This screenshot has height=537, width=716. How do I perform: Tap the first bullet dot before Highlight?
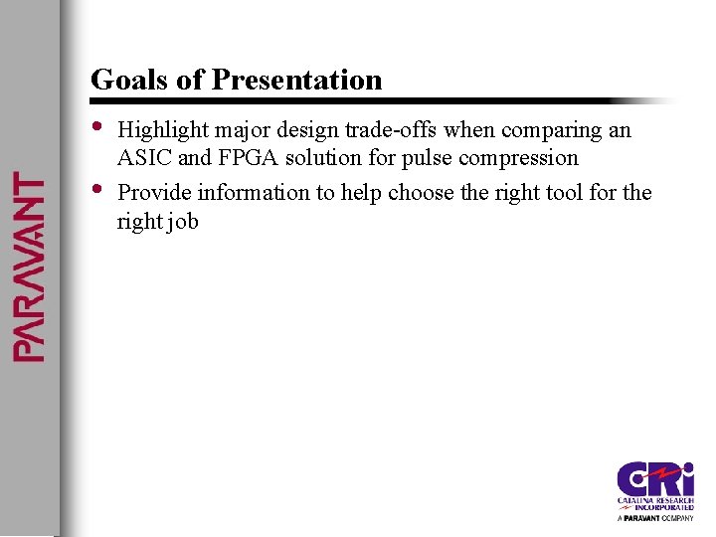click(96, 126)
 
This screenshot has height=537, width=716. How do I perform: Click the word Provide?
click(150, 192)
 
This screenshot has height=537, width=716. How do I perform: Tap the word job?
click(183, 221)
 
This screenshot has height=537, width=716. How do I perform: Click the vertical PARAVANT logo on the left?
click(29, 267)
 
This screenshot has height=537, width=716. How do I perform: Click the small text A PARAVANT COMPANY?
click(655, 518)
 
